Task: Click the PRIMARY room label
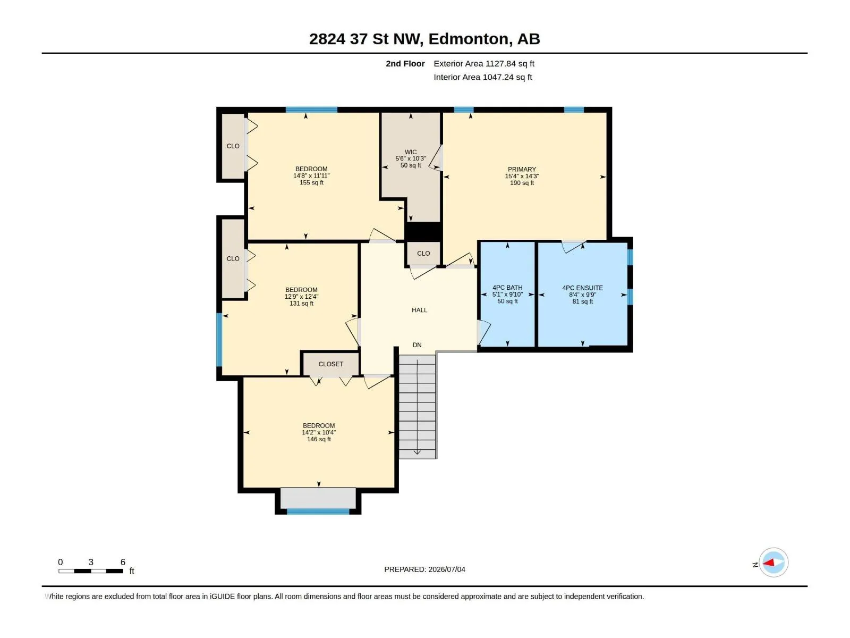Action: point(522,169)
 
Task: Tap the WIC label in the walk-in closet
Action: point(411,152)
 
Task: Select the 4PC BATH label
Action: point(507,288)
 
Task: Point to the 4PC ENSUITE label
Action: point(582,288)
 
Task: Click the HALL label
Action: point(419,310)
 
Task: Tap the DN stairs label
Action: point(416,345)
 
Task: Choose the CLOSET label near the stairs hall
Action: point(331,364)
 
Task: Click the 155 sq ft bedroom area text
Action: point(311,182)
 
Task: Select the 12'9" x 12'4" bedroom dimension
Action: point(301,296)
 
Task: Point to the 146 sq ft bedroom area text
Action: point(319,439)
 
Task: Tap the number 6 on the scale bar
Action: point(123,561)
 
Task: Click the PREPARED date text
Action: point(424,569)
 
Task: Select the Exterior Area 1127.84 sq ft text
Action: point(483,63)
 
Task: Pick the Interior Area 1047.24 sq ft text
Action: point(482,77)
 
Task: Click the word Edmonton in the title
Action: point(468,39)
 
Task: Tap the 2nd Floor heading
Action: point(405,63)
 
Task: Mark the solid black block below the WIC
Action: point(423,231)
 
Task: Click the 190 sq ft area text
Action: point(522,183)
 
